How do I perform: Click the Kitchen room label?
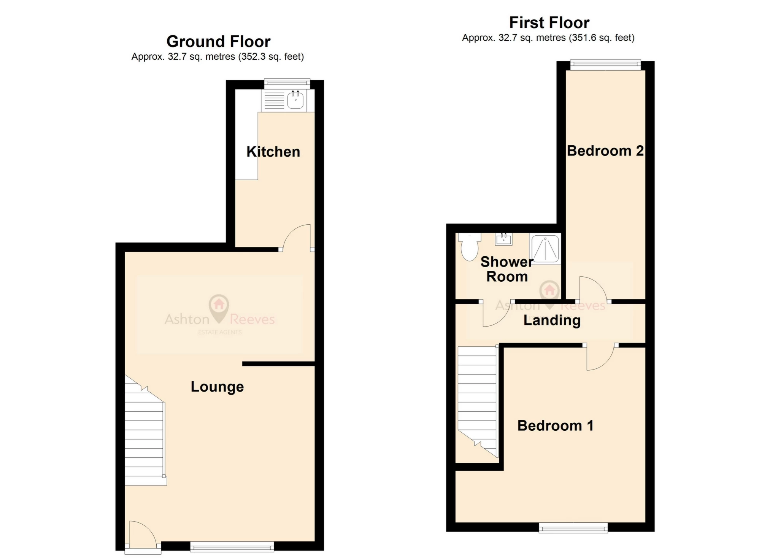pyautogui.click(x=273, y=152)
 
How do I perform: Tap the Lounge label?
pyautogui.click(x=217, y=387)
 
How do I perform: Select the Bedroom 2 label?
pyautogui.click(x=605, y=151)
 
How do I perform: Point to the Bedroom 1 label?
pyautogui.click(x=555, y=425)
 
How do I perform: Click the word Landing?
pyautogui.click(x=552, y=320)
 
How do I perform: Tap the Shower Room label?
pyautogui.click(x=506, y=269)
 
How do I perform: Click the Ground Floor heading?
pyautogui.click(x=218, y=41)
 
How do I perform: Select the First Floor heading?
pyautogui.click(x=549, y=22)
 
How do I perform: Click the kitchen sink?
pyautogui.click(x=295, y=100)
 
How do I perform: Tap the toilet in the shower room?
pyautogui.click(x=469, y=247)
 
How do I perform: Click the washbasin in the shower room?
pyautogui.click(x=504, y=239)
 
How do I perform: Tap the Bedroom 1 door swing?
pyautogui.click(x=599, y=357)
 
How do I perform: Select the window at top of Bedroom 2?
pyautogui.click(x=605, y=65)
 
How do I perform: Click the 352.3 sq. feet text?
pyautogui.click(x=271, y=57)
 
